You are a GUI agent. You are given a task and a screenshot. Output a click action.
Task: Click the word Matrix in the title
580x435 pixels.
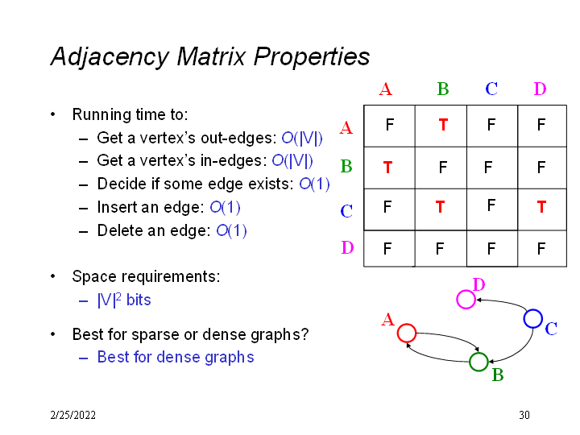coord(211,56)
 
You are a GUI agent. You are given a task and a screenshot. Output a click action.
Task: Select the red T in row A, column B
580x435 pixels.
coord(443,125)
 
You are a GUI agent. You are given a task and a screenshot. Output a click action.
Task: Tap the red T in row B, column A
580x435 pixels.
coord(387,168)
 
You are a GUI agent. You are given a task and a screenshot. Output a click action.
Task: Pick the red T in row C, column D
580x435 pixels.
coord(541,207)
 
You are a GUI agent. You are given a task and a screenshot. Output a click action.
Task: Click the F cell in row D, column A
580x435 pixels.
coord(387,248)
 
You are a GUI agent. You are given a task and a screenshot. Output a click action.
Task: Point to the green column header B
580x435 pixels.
coord(443,89)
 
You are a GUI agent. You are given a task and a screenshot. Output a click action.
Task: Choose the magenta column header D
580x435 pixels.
coord(540,89)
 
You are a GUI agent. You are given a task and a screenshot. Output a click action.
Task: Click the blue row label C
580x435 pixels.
coord(346,211)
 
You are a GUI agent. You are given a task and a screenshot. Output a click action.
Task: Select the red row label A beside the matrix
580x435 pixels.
coord(346,127)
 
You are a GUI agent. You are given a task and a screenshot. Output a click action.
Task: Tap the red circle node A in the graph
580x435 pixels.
coord(407,333)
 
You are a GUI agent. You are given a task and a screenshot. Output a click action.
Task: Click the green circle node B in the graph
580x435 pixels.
coord(478,362)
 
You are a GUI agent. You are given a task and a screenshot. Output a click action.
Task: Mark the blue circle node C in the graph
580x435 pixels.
coord(533,318)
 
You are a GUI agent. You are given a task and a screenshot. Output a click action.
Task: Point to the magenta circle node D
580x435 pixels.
coord(466,299)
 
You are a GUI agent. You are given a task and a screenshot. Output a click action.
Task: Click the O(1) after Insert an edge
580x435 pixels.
coord(225,208)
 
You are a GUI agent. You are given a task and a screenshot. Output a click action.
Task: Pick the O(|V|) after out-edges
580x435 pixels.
coord(302,139)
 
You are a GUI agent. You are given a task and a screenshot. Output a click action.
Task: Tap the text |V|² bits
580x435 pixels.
coord(124,300)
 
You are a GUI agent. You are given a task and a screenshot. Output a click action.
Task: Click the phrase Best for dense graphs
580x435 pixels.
coord(176,358)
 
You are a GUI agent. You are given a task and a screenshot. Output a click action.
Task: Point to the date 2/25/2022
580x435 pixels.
coord(72,415)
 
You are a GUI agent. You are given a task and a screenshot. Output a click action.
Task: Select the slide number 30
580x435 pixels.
coord(524,415)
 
